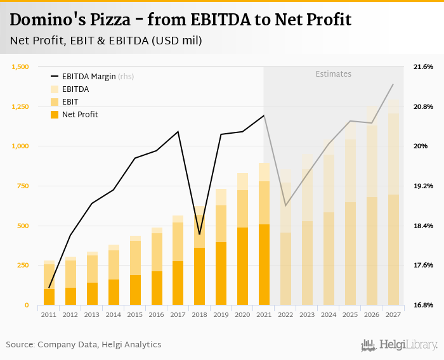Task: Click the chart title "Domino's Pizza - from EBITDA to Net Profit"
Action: tap(180, 20)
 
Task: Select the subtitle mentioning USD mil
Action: tap(106, 41)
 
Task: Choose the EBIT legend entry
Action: tap(70, 101)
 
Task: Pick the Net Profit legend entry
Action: tap(80, 114)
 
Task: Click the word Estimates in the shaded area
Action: tap(333, 74)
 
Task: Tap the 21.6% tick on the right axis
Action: tap(423, 67)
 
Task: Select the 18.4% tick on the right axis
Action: tap(423, 226)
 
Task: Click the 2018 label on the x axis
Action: tap(199, 314)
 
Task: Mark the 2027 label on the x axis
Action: tap(393, 314)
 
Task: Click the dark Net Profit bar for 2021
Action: tap(264, 264)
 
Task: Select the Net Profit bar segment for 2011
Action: tap(49, 297)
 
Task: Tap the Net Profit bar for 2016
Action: tap(157, 288)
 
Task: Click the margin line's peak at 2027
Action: tap(393, 84)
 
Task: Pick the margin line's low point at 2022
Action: tap(285, 205)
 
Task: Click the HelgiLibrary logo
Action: tap(399, 345)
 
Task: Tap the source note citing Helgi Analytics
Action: tap(84, 344)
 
